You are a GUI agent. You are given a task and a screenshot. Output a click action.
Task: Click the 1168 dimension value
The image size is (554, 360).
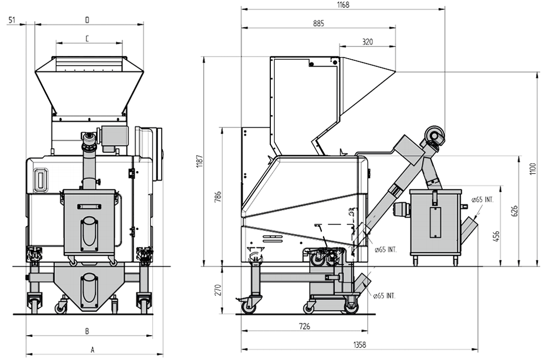click(343, 5)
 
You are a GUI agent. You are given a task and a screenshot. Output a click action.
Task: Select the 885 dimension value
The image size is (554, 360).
click(319, 24)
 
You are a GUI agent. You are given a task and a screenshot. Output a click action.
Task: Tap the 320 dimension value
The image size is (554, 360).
click(367, 42)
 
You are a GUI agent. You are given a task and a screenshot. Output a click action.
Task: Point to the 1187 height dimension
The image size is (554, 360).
click(200, 161)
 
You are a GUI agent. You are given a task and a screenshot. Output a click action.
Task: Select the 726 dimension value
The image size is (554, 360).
click(304, 326)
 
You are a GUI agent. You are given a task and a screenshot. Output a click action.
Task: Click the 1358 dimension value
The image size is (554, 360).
click(360, 345)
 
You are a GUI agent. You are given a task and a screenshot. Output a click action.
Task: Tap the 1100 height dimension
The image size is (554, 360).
click(533, 168)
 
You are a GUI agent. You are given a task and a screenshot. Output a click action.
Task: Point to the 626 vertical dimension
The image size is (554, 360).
click(515, 211)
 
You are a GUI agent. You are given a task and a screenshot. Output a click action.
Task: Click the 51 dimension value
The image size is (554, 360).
click(12, 20)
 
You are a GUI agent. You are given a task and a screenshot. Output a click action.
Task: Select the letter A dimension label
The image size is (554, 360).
click(93, 350)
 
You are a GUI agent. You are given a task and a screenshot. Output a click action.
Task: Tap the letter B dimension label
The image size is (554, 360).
click(87, 331)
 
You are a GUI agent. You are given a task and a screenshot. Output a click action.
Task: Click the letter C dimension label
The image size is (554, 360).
click(88, 38)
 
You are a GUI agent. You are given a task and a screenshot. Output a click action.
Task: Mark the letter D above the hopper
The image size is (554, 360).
click(88, 20)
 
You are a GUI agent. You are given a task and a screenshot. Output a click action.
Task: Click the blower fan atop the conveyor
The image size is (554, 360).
click(434, 136)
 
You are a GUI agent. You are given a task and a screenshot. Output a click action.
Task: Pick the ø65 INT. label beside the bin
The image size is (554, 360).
click(483, 199)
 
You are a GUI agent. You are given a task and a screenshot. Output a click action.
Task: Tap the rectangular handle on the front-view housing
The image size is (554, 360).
click(42, 180)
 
